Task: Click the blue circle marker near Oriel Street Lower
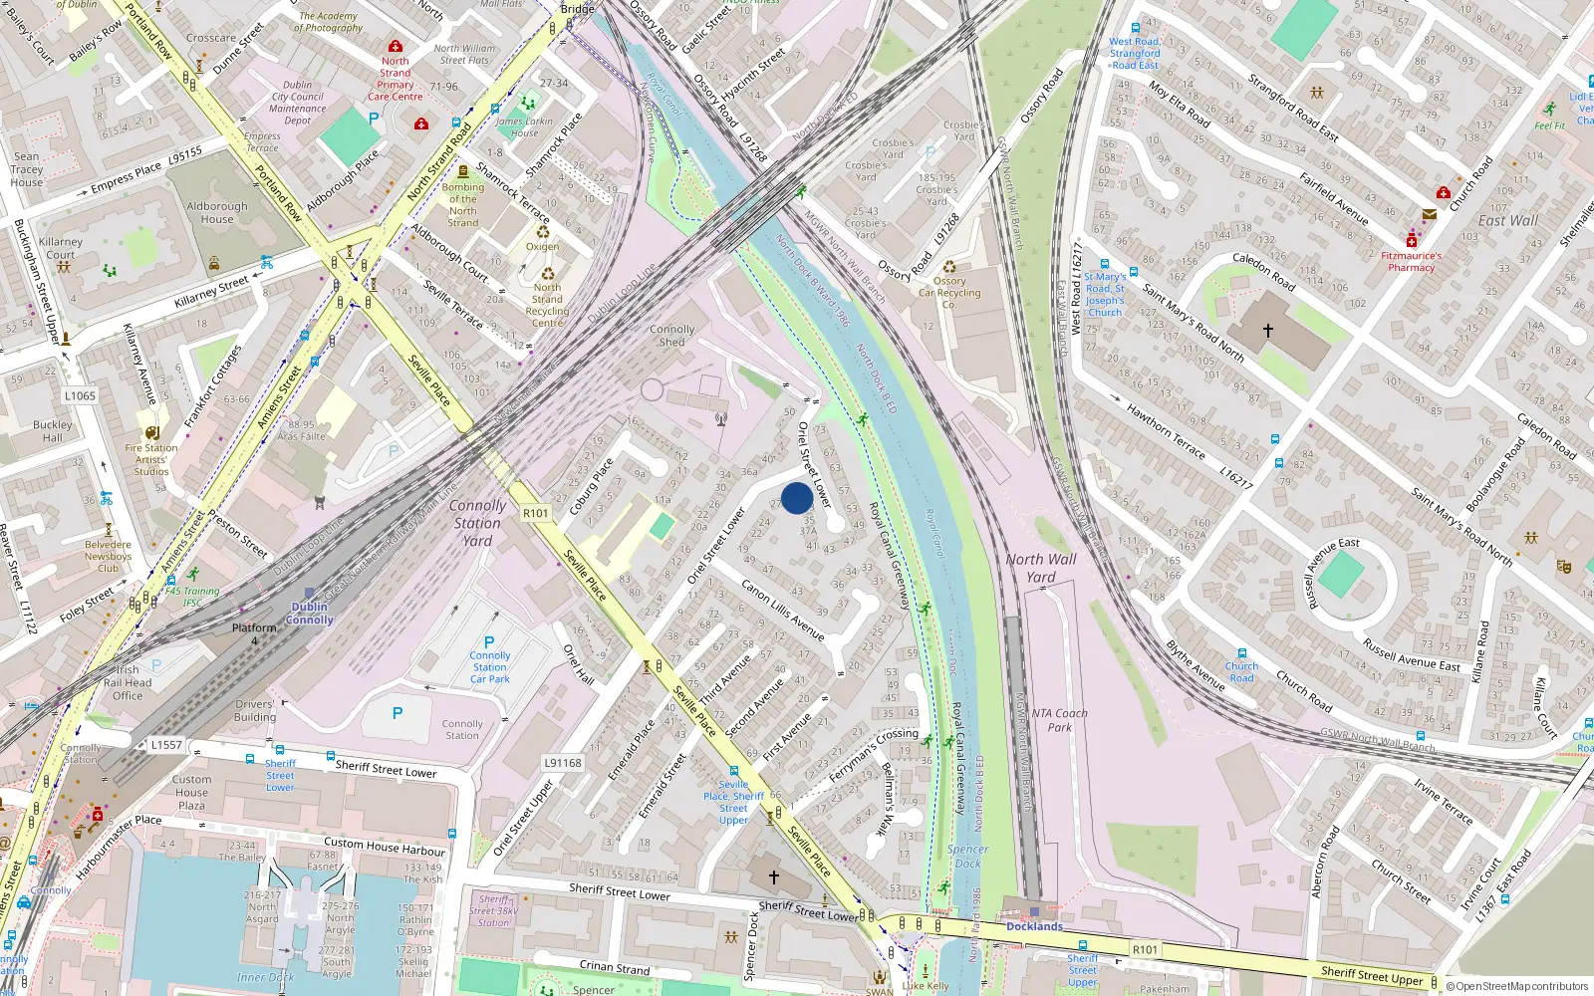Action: coord(796,498)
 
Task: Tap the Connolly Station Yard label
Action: coord(477,523)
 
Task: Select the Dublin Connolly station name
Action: coord(310,613)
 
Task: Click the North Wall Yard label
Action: coord(1041,568)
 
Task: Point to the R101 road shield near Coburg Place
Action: coord(536,513)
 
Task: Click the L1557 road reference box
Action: coord(166,744)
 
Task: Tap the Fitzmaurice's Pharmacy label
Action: coord(1411,261)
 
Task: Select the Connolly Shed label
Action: coord(672,336)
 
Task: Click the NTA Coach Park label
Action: coord(1059,720)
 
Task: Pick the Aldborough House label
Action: coord(217,212)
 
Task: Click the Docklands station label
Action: coord(1034,926)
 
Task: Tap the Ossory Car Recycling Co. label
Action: coord(949,293)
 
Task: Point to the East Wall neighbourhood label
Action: coord(1507,221)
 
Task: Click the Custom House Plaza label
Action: coord(191,792)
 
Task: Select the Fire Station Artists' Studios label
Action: coord(151,459)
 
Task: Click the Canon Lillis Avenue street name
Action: coord(783,610)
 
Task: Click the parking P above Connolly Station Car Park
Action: coord(489,642)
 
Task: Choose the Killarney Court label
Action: coord(61,248)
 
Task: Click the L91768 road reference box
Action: coord(563,763)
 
